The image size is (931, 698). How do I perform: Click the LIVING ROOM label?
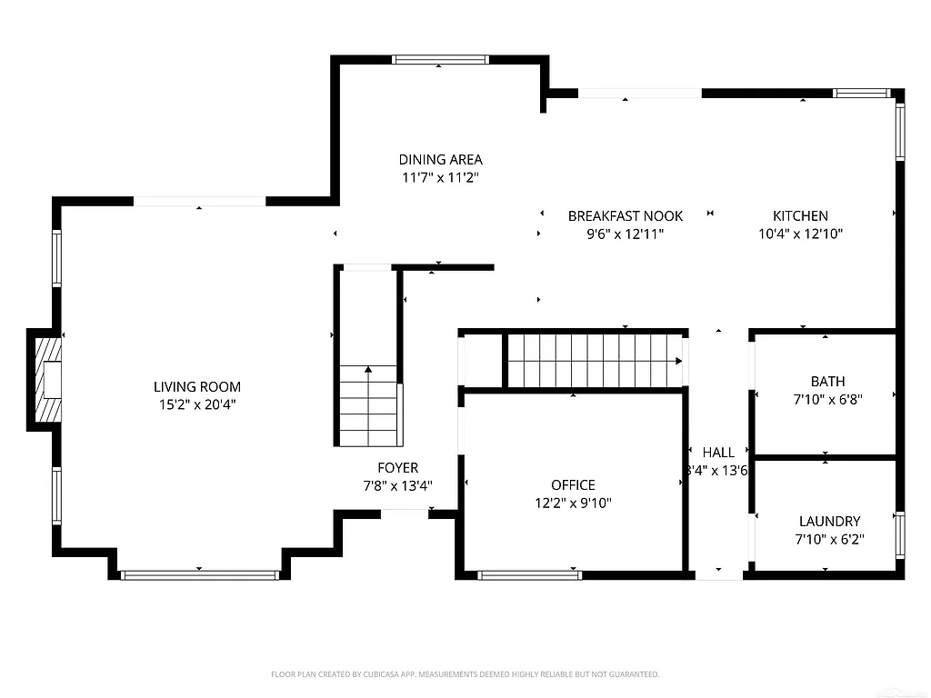click(x=197, y=387)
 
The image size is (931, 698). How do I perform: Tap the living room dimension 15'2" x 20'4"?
click(x=197, y=404)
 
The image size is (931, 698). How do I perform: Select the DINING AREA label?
click(x=440, y=160)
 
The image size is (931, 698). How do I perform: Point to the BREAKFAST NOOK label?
click(x=625, y=216)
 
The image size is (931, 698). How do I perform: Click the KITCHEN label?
click(x=800, y=216)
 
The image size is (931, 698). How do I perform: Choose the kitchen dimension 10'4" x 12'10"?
click(x=800, y=234)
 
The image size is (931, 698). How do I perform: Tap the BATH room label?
click(x=827, y=382)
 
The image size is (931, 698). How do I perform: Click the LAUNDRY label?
click(x=829, y=522)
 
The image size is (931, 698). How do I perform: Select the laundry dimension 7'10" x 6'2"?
click(x=829, y=539)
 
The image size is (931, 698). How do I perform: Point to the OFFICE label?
click(x=573, y=485)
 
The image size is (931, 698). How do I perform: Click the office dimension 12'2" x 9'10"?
click(x=573, y=503)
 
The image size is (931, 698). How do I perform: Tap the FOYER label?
click(x=398, y=468)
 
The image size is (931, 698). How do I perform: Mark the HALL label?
click(x=718, y=453)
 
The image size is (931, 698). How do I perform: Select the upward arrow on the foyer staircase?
click(x=368, y=369)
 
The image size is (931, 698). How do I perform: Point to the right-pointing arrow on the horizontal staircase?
click(x=678, y=361)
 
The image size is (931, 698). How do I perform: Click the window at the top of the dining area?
click(x=440, y=60)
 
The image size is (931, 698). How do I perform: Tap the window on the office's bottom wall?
click(x=529, y=574)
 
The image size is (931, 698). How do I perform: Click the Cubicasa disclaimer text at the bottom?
click(x=465, y=674)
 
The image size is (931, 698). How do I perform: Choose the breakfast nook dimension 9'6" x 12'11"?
click(x=625, y=234)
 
